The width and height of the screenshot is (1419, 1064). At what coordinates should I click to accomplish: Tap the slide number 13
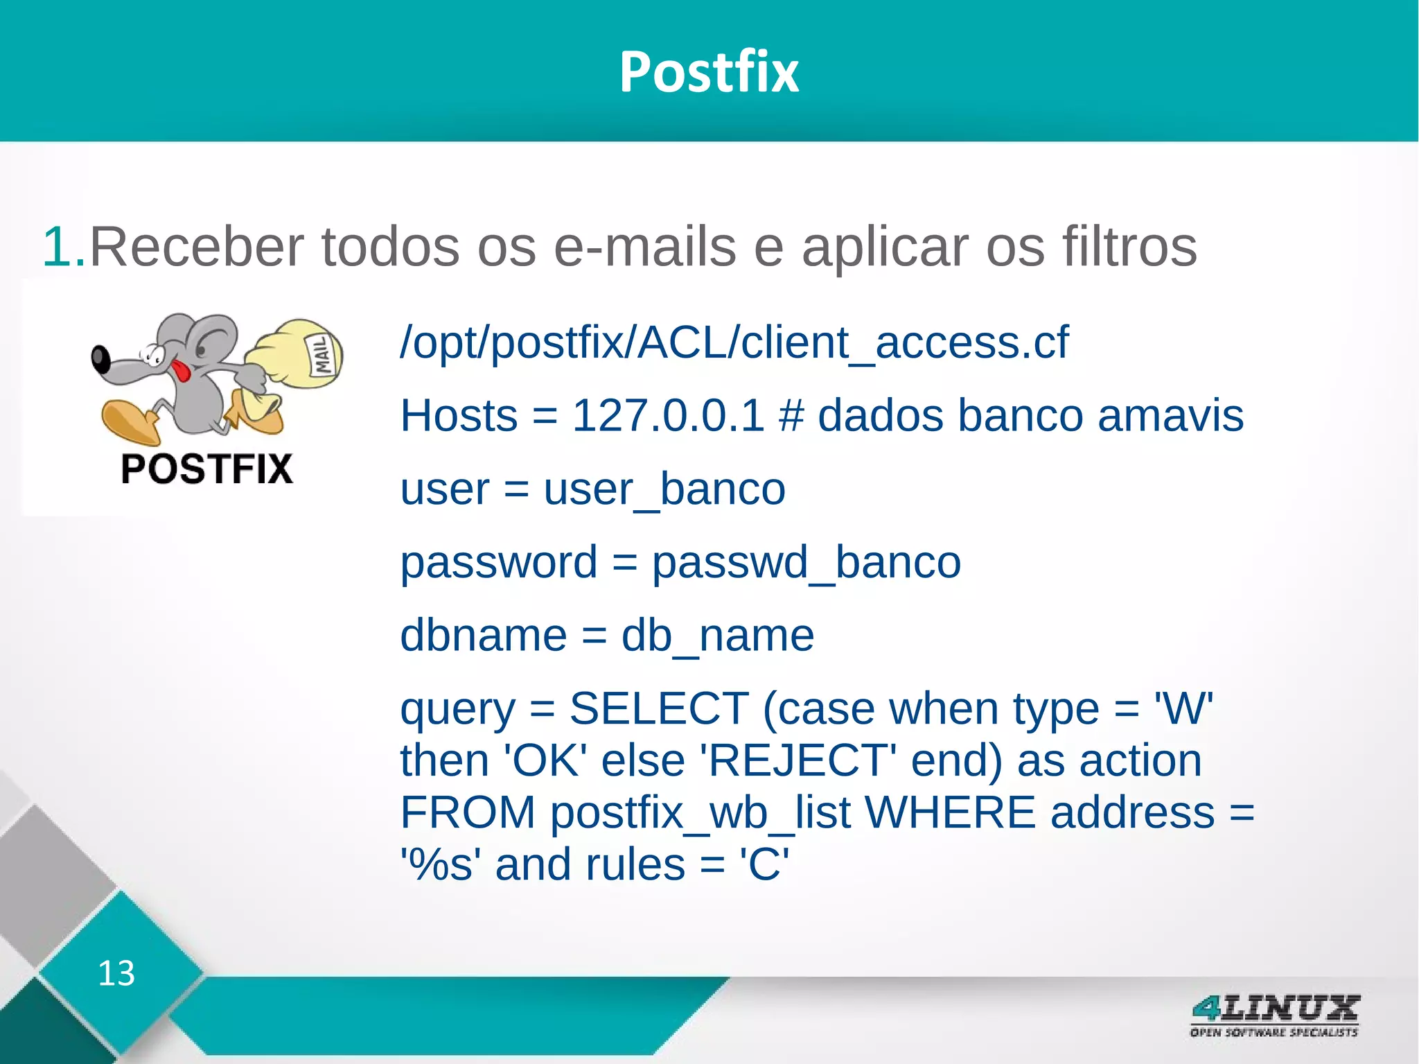click(x=116, y=973)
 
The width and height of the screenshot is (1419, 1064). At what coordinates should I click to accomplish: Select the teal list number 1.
click(x=62, y=247)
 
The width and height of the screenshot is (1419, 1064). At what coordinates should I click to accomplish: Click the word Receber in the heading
click(x=197, y=247)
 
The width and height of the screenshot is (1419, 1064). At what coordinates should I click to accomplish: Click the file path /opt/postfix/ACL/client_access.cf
click(x=734, y=342)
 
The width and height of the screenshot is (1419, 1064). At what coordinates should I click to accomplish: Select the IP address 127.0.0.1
click(x=668, y=416)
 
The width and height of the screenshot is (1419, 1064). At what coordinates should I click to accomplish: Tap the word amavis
click(x=1170, y=416)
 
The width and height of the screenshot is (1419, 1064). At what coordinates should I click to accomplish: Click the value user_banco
click(x=664, y=489)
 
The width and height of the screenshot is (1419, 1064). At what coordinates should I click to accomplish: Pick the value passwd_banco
click(x=806, y=562)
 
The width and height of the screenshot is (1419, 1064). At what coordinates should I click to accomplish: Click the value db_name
click(x=717, y=636)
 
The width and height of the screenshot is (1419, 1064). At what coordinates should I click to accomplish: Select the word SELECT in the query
click(x=659, y=709)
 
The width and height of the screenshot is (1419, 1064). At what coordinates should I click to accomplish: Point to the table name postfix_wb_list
click(x=700, y=813)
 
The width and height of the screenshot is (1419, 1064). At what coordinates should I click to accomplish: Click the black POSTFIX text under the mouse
click(x=206, y=469)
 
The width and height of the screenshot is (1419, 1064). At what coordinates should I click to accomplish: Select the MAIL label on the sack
click(x=322, y=354)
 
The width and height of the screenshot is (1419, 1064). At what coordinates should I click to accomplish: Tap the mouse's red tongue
click(x=182, y=371)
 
